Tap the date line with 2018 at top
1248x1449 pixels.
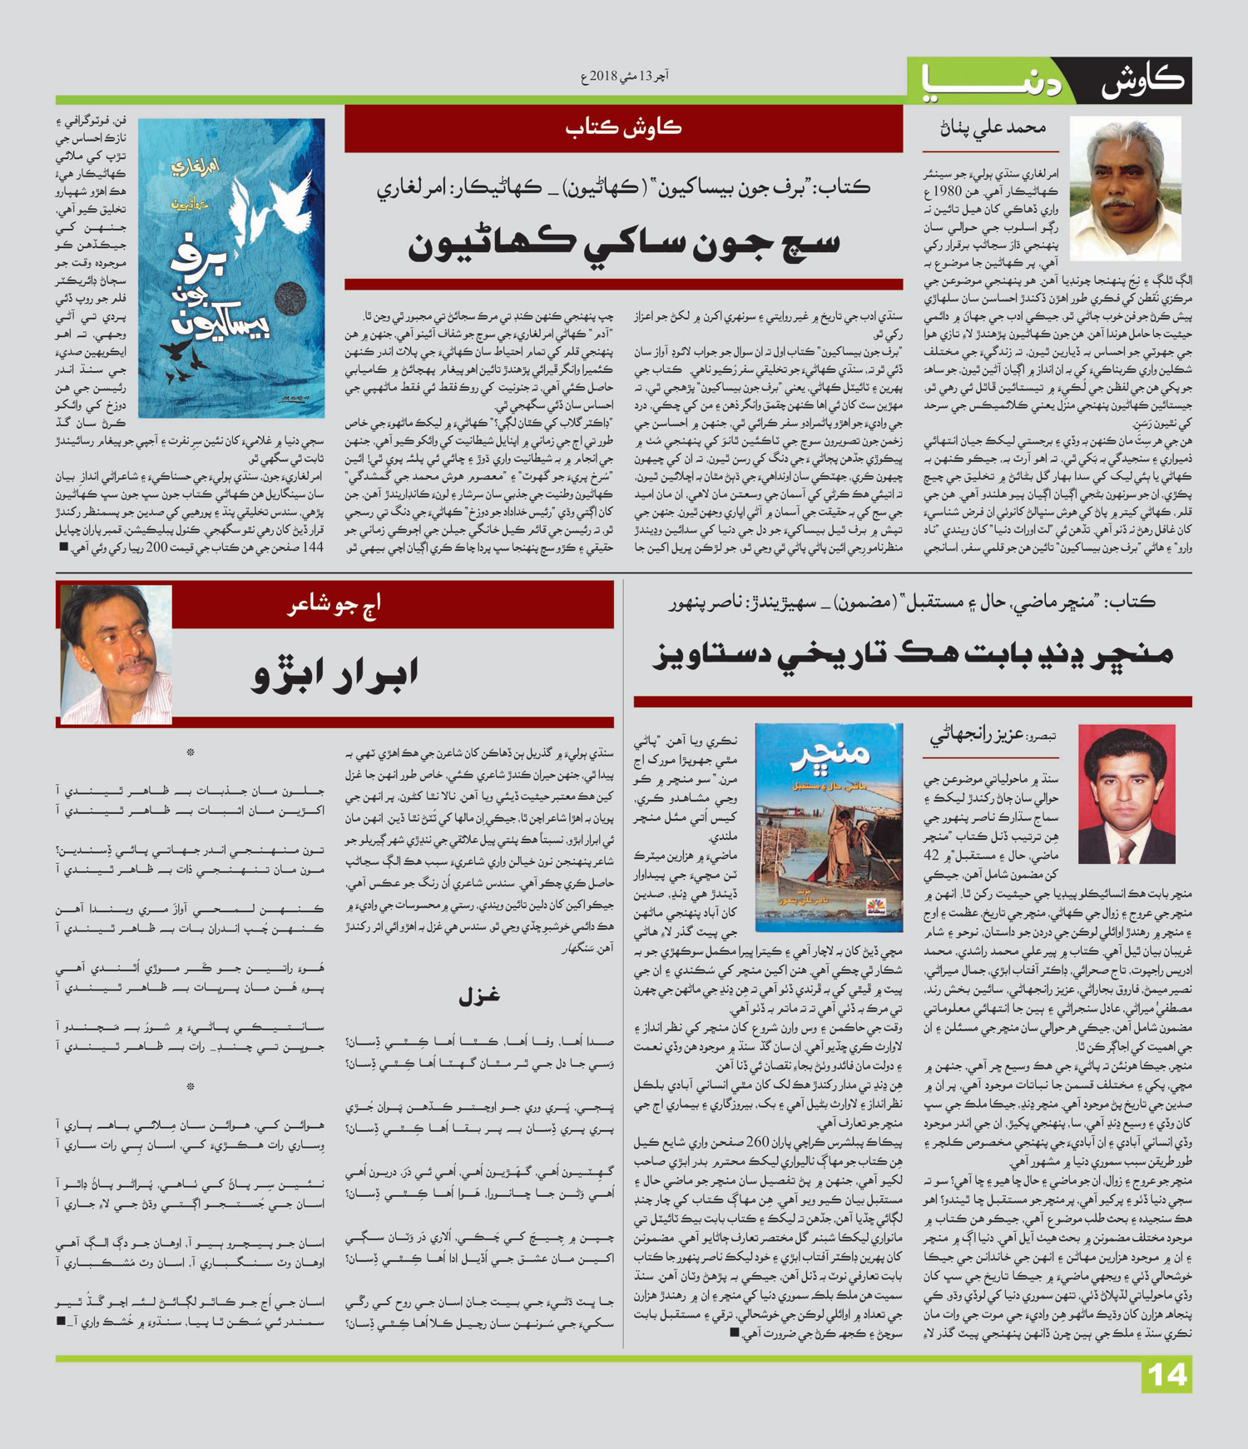click(625, 77)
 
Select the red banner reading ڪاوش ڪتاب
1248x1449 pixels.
click(623, 128)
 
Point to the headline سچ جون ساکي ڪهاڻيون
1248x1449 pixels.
click(623, 241)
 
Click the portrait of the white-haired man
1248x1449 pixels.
click(1125, 188)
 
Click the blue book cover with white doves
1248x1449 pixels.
click(231, 268)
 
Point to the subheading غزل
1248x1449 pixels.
click(478, 995)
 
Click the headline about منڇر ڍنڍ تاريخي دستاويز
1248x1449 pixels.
click(912, 654)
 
